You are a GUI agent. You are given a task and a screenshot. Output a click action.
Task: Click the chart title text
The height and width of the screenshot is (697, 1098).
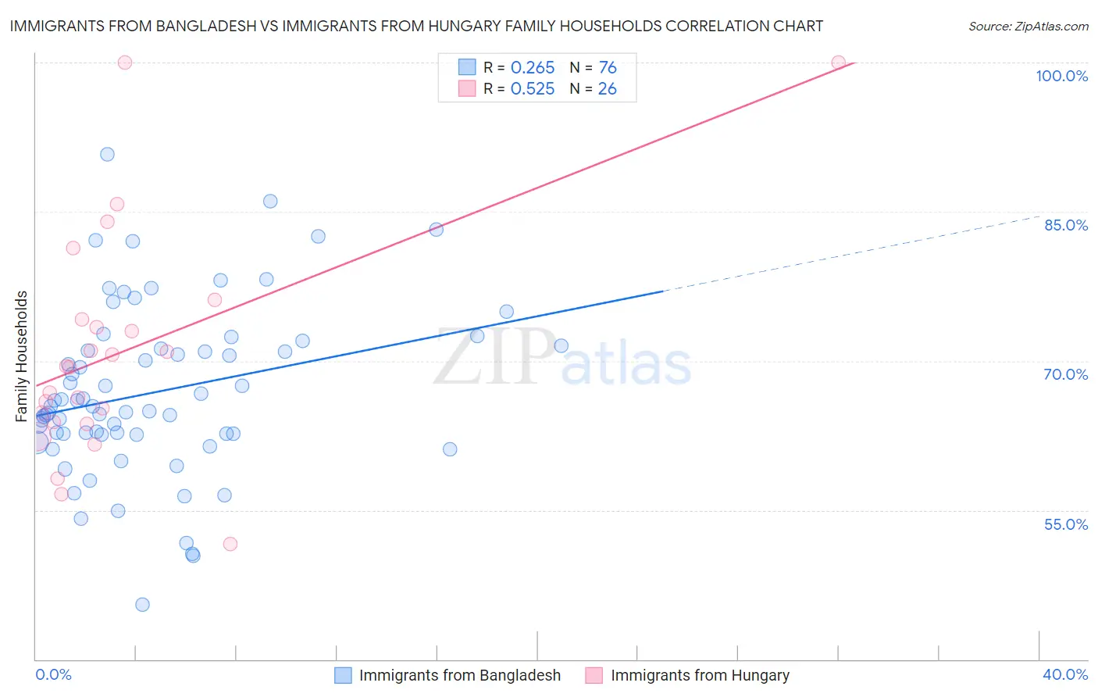[x=416, y=26]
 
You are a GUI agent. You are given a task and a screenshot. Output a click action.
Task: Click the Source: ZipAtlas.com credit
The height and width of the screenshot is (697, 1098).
[x=1028, y=27]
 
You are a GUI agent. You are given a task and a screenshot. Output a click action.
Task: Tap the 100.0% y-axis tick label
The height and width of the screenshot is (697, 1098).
[x=1061, y=76]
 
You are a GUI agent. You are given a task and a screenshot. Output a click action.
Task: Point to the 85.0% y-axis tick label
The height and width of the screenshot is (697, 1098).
[x=1065, y=225]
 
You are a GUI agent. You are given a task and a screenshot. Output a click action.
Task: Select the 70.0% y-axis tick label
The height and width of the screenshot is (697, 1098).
[x=1065, y=374]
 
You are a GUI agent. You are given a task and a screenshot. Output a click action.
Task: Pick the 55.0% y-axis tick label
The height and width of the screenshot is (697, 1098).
[x=1065, y=524]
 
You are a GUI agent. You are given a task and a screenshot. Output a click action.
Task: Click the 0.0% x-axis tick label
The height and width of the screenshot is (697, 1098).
[x=53, y=674]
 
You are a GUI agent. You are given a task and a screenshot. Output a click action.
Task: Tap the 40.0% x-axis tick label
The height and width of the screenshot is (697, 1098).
[x=1064, y=674]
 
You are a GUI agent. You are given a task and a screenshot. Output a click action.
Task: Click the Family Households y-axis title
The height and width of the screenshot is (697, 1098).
[x=22, y=356]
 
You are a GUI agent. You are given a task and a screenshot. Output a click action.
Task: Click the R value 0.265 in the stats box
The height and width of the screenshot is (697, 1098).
[x=533, y=68]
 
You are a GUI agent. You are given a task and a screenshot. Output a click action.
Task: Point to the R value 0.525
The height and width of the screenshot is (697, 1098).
[x=533, y=89]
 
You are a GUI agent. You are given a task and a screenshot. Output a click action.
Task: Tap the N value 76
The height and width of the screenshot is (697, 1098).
[x=608, y=68]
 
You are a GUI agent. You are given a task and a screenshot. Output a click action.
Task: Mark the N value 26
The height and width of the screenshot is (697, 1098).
[x=607, y=89]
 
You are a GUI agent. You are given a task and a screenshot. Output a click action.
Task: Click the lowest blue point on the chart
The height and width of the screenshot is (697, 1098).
[x=142, y=605]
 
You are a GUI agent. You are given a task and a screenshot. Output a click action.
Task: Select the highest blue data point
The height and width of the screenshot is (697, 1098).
[x=107, y=155]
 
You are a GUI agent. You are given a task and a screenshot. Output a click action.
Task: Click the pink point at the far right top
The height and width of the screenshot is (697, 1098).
[x=838, y=63]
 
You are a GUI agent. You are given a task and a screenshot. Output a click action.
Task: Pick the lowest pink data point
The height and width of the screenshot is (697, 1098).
[x=230, y=544]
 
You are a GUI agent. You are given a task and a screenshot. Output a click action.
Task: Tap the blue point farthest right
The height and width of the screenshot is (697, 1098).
[x=561, y=346]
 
